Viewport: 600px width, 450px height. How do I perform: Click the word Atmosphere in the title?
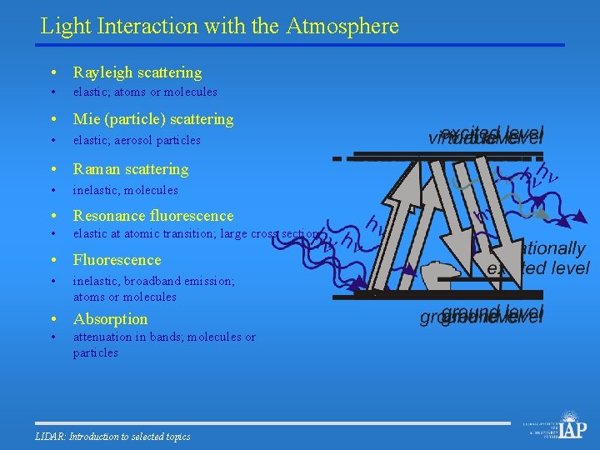(x=342, y=26)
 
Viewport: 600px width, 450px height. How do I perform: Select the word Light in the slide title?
(x=67, y=26)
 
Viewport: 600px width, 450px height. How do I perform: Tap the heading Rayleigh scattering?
(x=137, y=72)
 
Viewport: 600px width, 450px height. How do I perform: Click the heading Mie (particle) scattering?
(x=153, y=119)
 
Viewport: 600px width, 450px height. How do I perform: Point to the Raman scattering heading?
(x=131, y=169)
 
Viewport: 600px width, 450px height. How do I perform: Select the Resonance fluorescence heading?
(x=153, y=216)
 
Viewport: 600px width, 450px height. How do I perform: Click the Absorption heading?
(x=110, y=319)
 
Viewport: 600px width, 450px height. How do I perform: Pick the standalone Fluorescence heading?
(x=117, y=260)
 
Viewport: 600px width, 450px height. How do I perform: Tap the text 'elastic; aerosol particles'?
(x=137, y=140)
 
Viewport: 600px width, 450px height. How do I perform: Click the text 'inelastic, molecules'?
(x=126, y=190)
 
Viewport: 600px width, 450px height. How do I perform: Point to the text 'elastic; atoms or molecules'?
(x=145, y=92)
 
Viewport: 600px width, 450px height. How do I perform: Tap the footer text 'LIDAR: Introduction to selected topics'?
(x=113, y=437)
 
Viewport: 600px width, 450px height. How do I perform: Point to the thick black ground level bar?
(x=450, y=294)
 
